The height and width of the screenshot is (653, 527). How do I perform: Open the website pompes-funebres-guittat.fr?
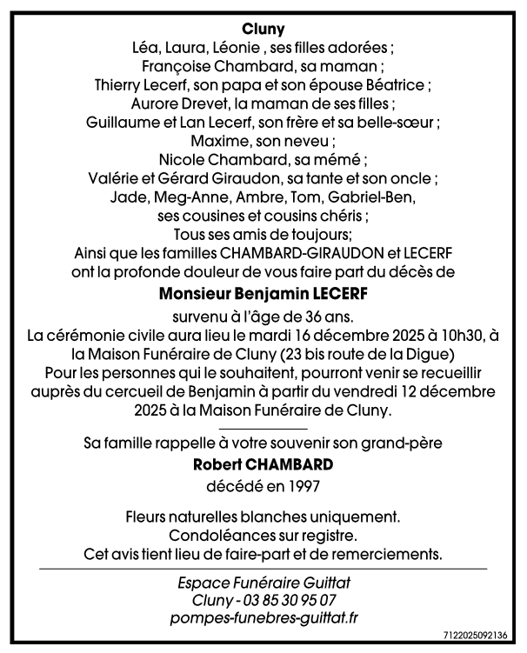click(x=263, y=618)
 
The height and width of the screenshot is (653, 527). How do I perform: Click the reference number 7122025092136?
click(x=481, y=644)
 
